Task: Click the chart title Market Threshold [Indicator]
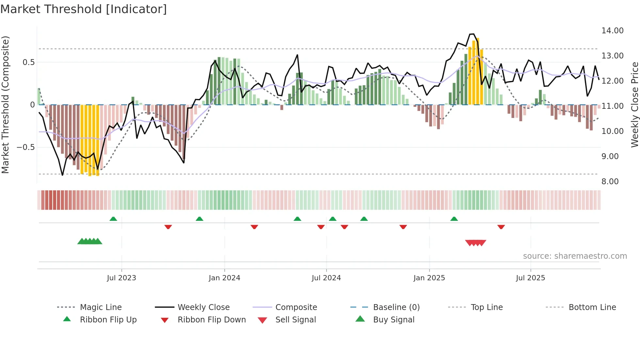click(x=84, y=9)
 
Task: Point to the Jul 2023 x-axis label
click(x=121, y=278)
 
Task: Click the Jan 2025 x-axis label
click(x=429, y=278)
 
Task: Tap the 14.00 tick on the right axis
click(x=612, y=31)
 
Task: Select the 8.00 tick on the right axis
click(x=610, y=182)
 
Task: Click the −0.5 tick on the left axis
click(x=25, y=147)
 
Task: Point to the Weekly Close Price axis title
click(x=634, y=105)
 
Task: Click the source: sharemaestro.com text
click(x=575, y=256)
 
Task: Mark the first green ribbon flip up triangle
click(x=113, y=219)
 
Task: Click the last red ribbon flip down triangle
click(x=501, y=227)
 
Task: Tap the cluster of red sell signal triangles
click(x=476, y=243)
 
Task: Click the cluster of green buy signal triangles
click(x=90, y=241)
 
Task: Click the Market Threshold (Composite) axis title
click(x=5, y=105)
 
